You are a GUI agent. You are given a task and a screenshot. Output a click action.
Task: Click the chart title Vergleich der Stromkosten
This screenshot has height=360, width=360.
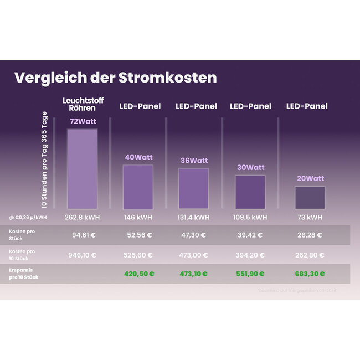point(115,78)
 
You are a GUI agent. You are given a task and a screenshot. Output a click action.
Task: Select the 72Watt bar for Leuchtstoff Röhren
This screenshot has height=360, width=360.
point(82,169)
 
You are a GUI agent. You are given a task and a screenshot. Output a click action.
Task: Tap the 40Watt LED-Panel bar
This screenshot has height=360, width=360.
point(138,187)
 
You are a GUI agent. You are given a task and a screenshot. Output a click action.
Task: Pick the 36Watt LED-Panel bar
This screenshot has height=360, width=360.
point(193,188)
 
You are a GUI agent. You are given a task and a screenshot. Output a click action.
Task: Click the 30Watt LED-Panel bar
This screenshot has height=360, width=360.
point(250,192)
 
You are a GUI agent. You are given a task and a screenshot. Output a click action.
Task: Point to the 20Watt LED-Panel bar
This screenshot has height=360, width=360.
point(310,197)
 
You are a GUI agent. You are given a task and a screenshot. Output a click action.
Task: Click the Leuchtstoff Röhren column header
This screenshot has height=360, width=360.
point(83,104)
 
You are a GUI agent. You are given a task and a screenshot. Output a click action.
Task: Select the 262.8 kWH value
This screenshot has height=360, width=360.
point(82,218)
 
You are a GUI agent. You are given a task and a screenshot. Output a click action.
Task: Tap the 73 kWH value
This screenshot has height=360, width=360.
point(310,218)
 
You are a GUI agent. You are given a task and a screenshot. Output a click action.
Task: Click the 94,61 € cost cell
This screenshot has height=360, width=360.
point(84,235)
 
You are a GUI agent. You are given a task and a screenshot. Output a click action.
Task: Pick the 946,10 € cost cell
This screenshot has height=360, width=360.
point(84,255)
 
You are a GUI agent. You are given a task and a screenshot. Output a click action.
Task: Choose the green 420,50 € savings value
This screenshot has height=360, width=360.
point(138,274)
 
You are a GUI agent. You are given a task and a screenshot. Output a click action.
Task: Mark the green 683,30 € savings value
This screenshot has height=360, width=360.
point(310,274)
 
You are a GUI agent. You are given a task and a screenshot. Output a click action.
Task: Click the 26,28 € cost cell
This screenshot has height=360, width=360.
point(310,235)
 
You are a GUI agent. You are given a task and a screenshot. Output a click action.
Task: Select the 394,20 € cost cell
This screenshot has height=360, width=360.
point(250,255)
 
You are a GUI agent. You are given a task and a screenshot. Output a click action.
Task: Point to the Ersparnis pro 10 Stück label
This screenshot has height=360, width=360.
point(25,274)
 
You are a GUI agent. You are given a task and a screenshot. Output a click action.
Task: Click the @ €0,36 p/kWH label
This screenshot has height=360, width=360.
point(28,218)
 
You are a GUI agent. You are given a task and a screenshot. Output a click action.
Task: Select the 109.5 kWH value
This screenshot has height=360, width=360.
point(250,218)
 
